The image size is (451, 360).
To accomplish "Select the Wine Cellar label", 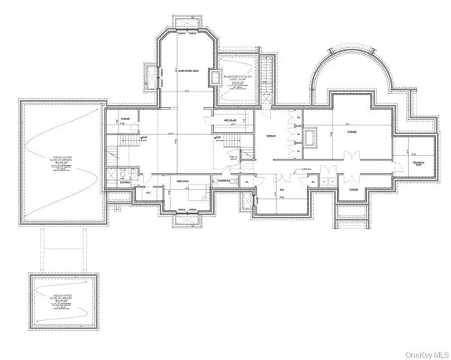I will pyautogui.click(x=223, y=118).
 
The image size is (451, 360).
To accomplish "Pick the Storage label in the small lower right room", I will pyautogui.click(x=353, y=190).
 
